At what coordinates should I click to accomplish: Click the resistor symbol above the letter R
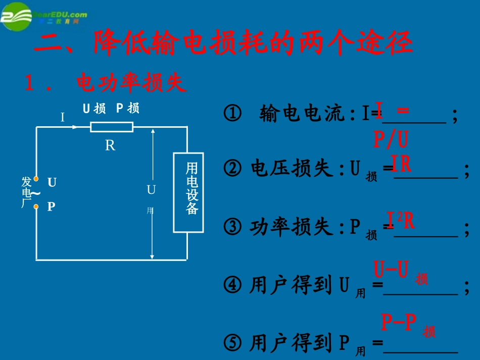point(112,126)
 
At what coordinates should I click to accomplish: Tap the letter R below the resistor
point(110,146)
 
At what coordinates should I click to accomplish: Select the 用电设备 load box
point(188,192)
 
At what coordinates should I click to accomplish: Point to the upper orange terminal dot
point(36,179)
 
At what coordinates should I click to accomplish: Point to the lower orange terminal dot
point(36,207)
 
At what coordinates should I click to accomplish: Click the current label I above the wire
point(63,118)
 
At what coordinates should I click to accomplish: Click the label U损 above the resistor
point(93,109)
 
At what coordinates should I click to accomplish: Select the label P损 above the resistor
point(128,109)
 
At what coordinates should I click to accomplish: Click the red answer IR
point(402,164)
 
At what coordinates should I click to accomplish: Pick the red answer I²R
point(401,221)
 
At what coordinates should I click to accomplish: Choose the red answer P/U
point(391,139)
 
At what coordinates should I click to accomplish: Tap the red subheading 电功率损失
point(131,83)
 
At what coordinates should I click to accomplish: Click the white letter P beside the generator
point(51,207)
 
